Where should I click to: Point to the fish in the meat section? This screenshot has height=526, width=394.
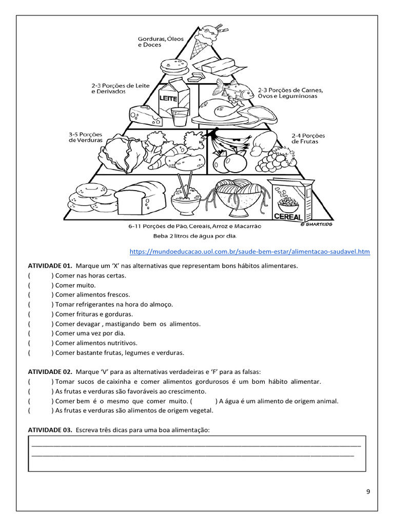pos(233,91)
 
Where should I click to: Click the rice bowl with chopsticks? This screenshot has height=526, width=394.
pos(185,197)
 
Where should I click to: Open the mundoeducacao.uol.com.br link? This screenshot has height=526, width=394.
pos(249,252)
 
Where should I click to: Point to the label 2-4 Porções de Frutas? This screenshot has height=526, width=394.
pos(308,139)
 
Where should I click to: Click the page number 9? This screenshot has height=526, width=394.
pos(368,492)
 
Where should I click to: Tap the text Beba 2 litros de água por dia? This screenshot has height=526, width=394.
pos(194,236)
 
